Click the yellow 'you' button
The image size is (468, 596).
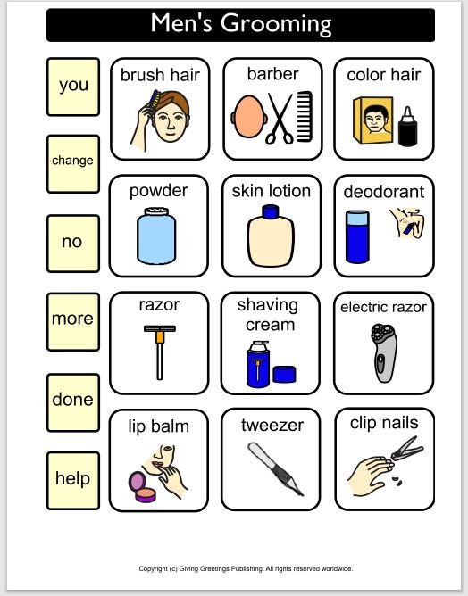(73, 86)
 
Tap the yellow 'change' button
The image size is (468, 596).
(73, 161)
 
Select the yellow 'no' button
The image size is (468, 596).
(73, 242)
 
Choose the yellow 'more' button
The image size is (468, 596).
(73, 319)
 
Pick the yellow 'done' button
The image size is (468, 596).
(73, 401)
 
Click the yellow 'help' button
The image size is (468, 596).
(73, 479)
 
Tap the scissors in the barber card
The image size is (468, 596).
(280, 118)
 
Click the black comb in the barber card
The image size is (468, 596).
(305, 116)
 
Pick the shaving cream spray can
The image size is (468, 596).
(258, 365)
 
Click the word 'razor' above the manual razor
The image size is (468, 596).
(159, 305)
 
